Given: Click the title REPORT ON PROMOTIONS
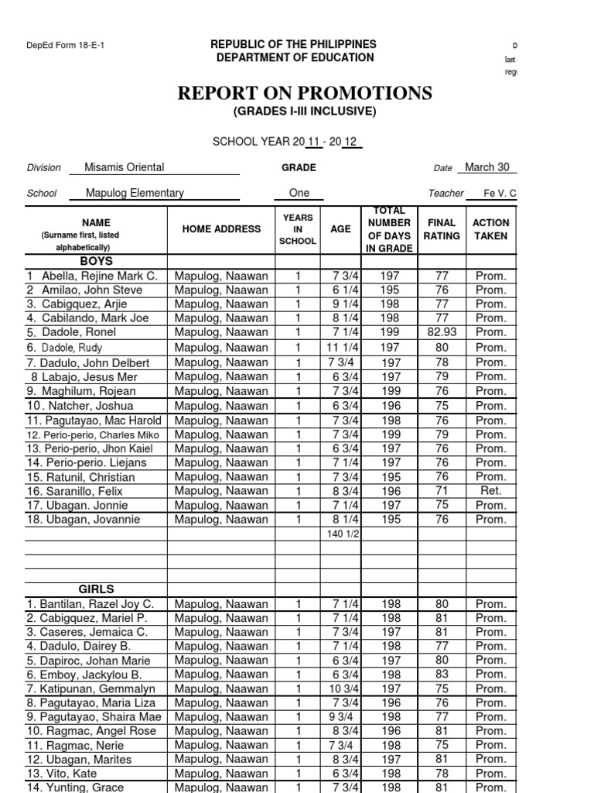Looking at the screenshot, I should click(305, 94).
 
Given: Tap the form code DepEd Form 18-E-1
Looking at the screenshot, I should click(66, 45).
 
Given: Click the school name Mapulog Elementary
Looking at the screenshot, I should click(135, 193).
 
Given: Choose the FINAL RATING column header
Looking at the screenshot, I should click(442, 229).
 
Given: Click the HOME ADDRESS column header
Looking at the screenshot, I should click(222, 229).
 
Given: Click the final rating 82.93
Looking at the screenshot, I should click(442, 332).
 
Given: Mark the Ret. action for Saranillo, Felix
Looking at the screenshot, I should click(491, 491).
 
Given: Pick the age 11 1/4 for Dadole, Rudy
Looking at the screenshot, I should click(340, 348).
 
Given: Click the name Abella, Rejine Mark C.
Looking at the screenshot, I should click(92, 276).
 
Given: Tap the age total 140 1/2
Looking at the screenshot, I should click(340, 534).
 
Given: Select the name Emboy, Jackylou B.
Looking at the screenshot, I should click(83, 675).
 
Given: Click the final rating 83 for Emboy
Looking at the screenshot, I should click(442, 675).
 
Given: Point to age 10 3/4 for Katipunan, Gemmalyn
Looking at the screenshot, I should click(340, 688).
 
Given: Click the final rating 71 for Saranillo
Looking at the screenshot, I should click(442, 491).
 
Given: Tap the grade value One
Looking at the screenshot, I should click(299, 193).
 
